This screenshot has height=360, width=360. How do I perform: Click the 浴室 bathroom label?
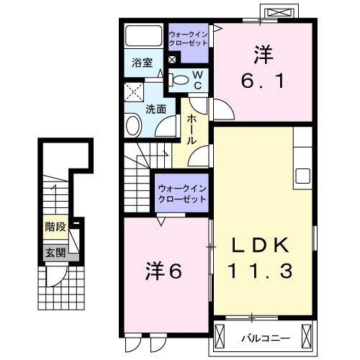[141, 63]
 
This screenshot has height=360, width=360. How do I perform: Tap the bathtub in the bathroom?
[144, 37]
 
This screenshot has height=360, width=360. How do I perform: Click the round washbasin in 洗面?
[134, 127]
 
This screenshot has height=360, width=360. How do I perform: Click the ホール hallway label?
[192, 129]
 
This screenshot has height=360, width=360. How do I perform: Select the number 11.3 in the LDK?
[260, 271]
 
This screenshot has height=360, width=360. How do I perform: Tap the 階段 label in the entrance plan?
[55, 227]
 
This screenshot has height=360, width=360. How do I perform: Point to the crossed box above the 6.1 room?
[281, 13]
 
